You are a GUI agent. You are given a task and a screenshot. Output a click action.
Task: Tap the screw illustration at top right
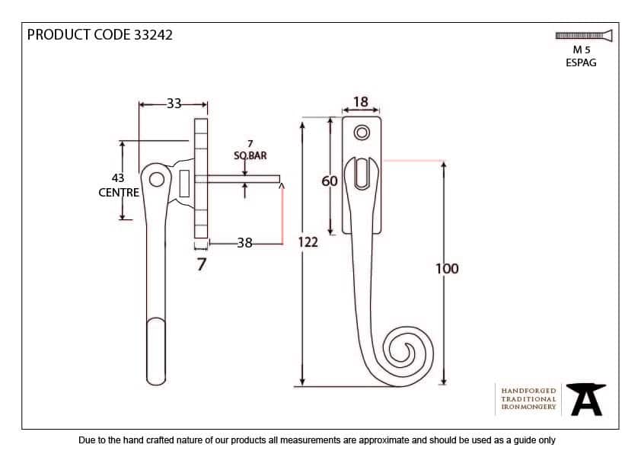point(584,35)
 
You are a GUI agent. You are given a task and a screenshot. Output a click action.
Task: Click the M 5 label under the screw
point(582,50)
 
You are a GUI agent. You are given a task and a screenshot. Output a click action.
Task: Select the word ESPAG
point(582,62)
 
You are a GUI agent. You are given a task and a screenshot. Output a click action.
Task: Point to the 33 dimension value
point(174,104)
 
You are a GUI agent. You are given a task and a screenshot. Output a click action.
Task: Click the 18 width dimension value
point(361,102)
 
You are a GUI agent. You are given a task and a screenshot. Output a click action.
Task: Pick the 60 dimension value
point(329,181)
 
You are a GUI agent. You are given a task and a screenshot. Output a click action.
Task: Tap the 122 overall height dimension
point(308,243)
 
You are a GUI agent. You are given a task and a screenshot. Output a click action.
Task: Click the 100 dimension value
point(447,268)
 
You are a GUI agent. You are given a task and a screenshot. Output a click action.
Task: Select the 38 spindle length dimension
point(244,244)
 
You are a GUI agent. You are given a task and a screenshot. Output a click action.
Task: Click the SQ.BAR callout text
point(250,155)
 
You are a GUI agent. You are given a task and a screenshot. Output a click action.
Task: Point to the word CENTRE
point(119,193)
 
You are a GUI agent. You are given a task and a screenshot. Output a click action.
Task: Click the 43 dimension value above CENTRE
point(118,178)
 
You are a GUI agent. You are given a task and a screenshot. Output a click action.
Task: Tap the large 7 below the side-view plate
point(201,264)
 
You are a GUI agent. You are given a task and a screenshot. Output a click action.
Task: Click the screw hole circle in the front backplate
point(362,133)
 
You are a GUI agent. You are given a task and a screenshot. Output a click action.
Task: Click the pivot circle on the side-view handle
point(157,180)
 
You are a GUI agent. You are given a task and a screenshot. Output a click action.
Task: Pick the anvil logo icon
point(587,398)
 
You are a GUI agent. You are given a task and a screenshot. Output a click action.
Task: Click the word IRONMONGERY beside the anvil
point(528,407)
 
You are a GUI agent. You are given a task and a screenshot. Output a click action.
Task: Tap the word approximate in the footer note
point(378,440)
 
